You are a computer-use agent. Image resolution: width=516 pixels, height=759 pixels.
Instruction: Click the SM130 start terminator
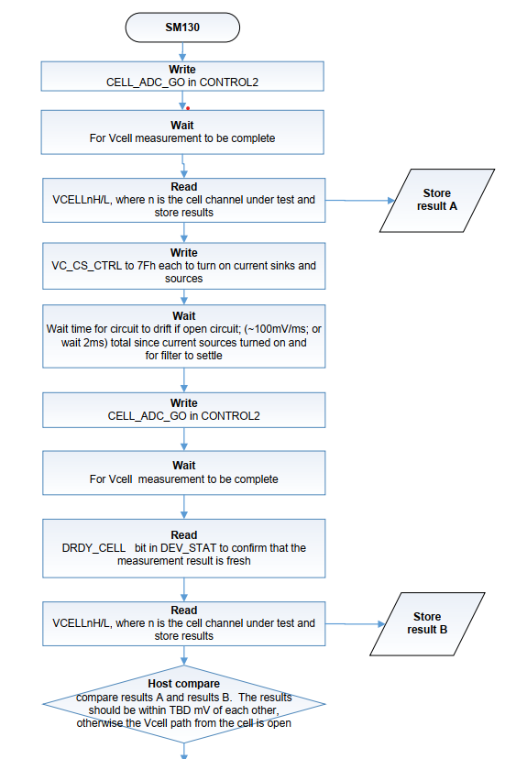[182, 27]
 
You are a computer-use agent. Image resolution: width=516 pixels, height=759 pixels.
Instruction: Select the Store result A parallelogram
[437, 201]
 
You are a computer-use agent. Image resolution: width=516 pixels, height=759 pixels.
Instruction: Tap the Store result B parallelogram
[427, 623]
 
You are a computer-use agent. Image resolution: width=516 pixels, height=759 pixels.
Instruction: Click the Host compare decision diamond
[184, 704]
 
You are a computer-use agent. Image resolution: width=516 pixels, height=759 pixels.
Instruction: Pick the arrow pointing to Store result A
[360, 200]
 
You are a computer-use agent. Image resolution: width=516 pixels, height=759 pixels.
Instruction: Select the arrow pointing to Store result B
[356, 624]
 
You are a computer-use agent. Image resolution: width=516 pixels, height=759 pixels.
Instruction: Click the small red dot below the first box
[188, 108]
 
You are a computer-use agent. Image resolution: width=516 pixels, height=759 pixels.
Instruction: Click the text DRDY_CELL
[93, 548]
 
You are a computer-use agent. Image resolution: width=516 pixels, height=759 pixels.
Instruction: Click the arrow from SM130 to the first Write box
[182, 52]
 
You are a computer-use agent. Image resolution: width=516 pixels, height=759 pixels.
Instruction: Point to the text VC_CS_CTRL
[87, 266]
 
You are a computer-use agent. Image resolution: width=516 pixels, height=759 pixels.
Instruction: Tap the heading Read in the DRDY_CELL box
[184, 535]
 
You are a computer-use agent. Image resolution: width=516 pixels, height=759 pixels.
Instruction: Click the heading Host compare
[184, 684]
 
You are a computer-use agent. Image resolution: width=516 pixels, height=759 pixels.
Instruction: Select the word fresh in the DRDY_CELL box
[238, 561]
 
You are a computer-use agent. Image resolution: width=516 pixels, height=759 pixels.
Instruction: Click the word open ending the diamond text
[280, 723]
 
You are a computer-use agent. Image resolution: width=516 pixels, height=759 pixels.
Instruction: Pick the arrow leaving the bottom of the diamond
[184, 751]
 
